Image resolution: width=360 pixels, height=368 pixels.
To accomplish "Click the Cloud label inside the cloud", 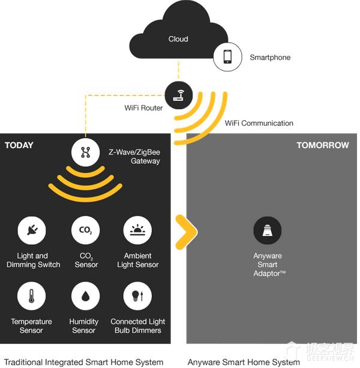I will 178,39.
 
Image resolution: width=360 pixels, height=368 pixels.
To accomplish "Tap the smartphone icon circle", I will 228,57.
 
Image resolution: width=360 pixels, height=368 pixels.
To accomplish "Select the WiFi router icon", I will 179,94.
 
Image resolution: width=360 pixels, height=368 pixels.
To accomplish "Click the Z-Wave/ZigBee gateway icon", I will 86,152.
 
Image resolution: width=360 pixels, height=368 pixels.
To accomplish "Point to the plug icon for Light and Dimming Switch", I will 33,231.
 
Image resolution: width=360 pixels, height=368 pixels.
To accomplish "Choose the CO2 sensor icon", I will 86,231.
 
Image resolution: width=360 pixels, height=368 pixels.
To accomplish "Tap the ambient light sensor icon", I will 137,231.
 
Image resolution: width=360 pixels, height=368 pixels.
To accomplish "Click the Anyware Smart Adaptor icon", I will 268,231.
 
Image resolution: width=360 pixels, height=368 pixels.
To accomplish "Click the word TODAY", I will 19,145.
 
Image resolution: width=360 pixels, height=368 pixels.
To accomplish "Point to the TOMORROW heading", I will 322,145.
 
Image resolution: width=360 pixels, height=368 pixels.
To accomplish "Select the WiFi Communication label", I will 259,123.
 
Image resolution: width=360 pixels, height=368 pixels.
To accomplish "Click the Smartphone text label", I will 270,58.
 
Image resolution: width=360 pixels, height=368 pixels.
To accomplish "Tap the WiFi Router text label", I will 143,108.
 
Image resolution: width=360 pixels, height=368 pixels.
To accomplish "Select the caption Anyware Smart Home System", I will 244,362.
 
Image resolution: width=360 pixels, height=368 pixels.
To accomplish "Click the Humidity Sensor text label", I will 84,326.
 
